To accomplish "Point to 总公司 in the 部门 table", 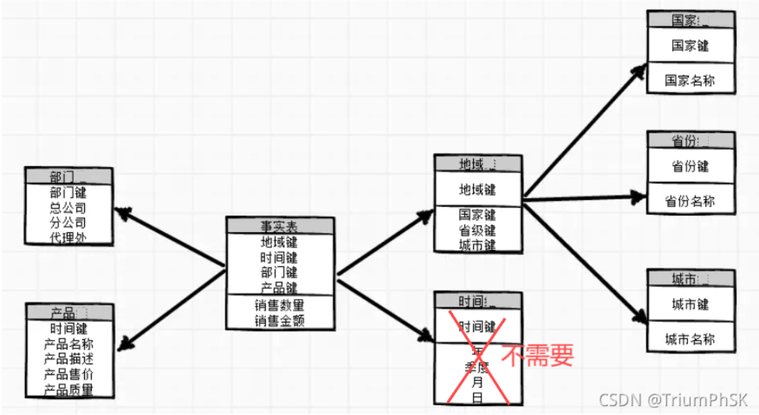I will (68, 208).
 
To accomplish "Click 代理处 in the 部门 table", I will (68, 238).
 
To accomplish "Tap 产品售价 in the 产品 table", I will (68, 375).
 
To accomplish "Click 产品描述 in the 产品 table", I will (68, 359).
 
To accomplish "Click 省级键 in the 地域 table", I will (478, 230).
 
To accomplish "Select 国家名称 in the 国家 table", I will (689, 81).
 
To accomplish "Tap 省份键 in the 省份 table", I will (689, 167).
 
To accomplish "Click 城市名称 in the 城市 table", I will (689, 339).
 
